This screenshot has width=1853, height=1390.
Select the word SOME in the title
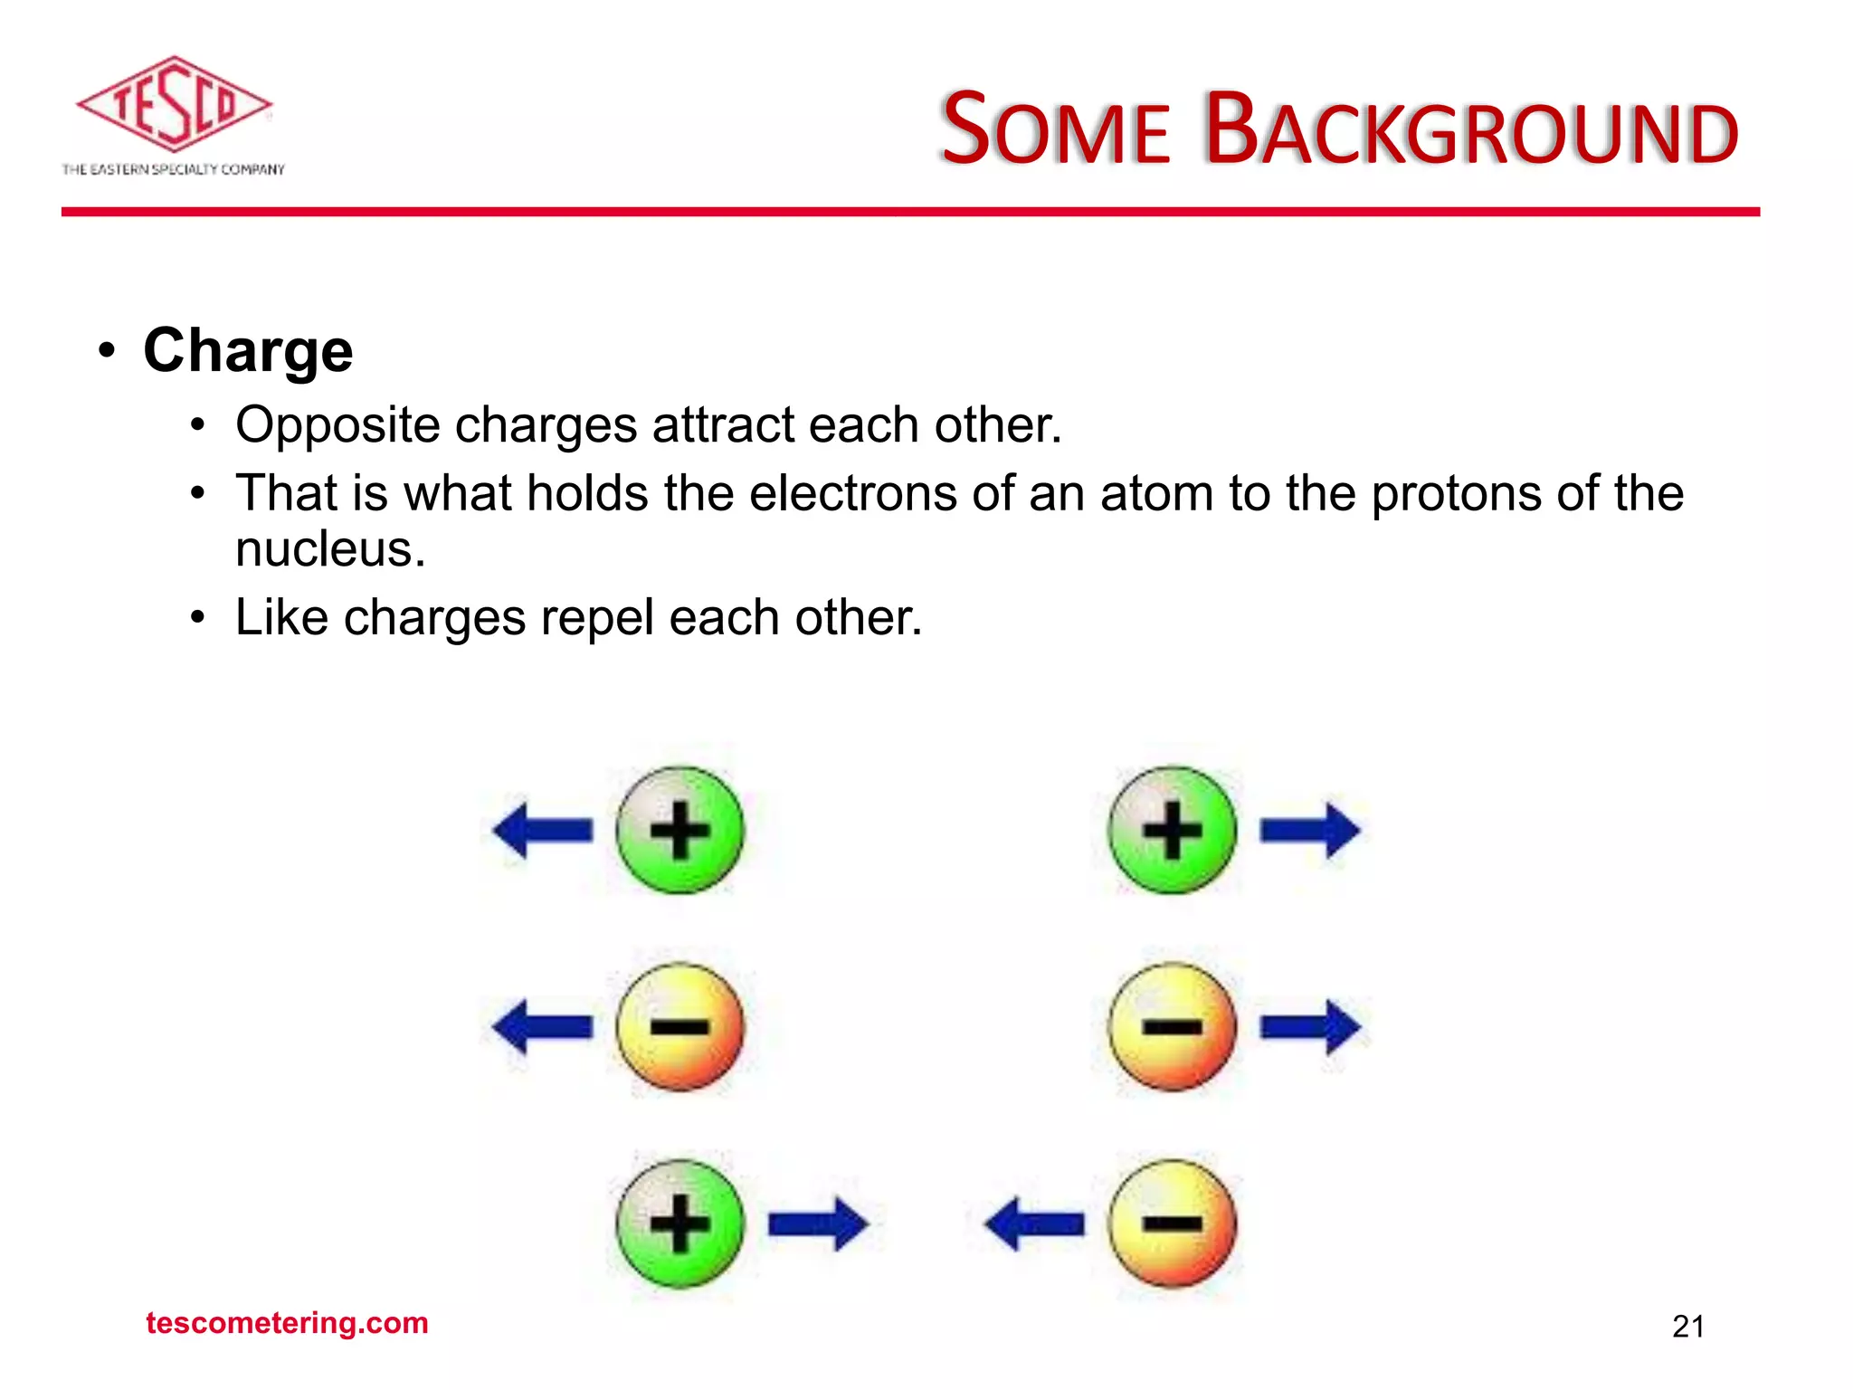click(1055, 131)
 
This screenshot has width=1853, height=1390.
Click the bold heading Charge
click(248, 350)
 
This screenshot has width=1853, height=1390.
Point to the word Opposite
click(337, 425)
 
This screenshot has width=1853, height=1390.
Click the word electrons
click(853, 494)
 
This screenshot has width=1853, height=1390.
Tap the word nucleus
click(330, 549)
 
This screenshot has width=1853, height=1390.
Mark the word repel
click(597, 619)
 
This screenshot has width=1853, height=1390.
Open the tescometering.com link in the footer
click(287, 1323)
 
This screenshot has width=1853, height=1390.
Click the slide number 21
click(1688, 1327)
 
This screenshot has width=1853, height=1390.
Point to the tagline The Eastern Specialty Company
click(173, 169)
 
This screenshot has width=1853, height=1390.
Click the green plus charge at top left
click(679, 830)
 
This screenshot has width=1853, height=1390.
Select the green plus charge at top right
click(1172, 830)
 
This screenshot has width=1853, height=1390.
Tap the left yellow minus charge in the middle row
click(679, 1026)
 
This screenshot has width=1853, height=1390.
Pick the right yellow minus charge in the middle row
click(1172, 1026)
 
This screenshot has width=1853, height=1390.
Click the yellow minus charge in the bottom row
click(1172, 1223)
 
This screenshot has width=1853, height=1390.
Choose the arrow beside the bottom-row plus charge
click(817, 1224)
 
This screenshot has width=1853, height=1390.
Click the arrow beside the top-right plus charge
click(1309, 830)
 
